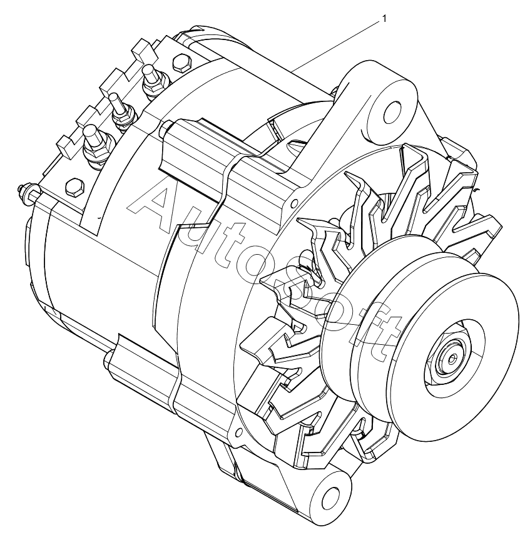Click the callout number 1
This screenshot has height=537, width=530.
coord(384,19)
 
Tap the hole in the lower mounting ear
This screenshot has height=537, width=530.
coord(329,496)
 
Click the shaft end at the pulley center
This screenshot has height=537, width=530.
coord(453,358)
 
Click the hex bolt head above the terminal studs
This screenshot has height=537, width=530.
coord(180,63)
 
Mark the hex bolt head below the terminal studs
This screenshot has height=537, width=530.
coord(73,187)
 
